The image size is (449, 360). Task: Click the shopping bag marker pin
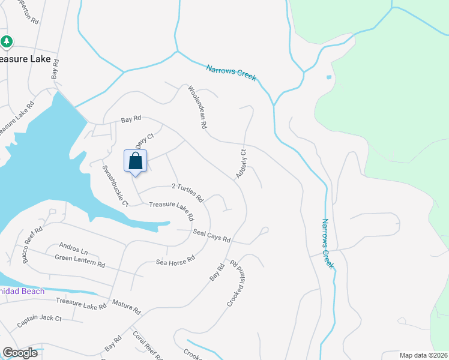point(135,162)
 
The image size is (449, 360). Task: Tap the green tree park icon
point(7,41)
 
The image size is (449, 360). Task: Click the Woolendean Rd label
point(197,108)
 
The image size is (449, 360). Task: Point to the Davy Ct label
point(140,142)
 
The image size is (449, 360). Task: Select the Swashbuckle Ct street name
point(115,186)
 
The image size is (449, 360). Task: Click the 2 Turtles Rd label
point(188,192)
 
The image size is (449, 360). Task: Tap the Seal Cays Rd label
point(211,235)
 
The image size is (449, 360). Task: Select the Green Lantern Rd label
point(80,261)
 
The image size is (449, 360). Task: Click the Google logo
point(20,353)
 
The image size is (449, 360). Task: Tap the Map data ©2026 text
point(423,355)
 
